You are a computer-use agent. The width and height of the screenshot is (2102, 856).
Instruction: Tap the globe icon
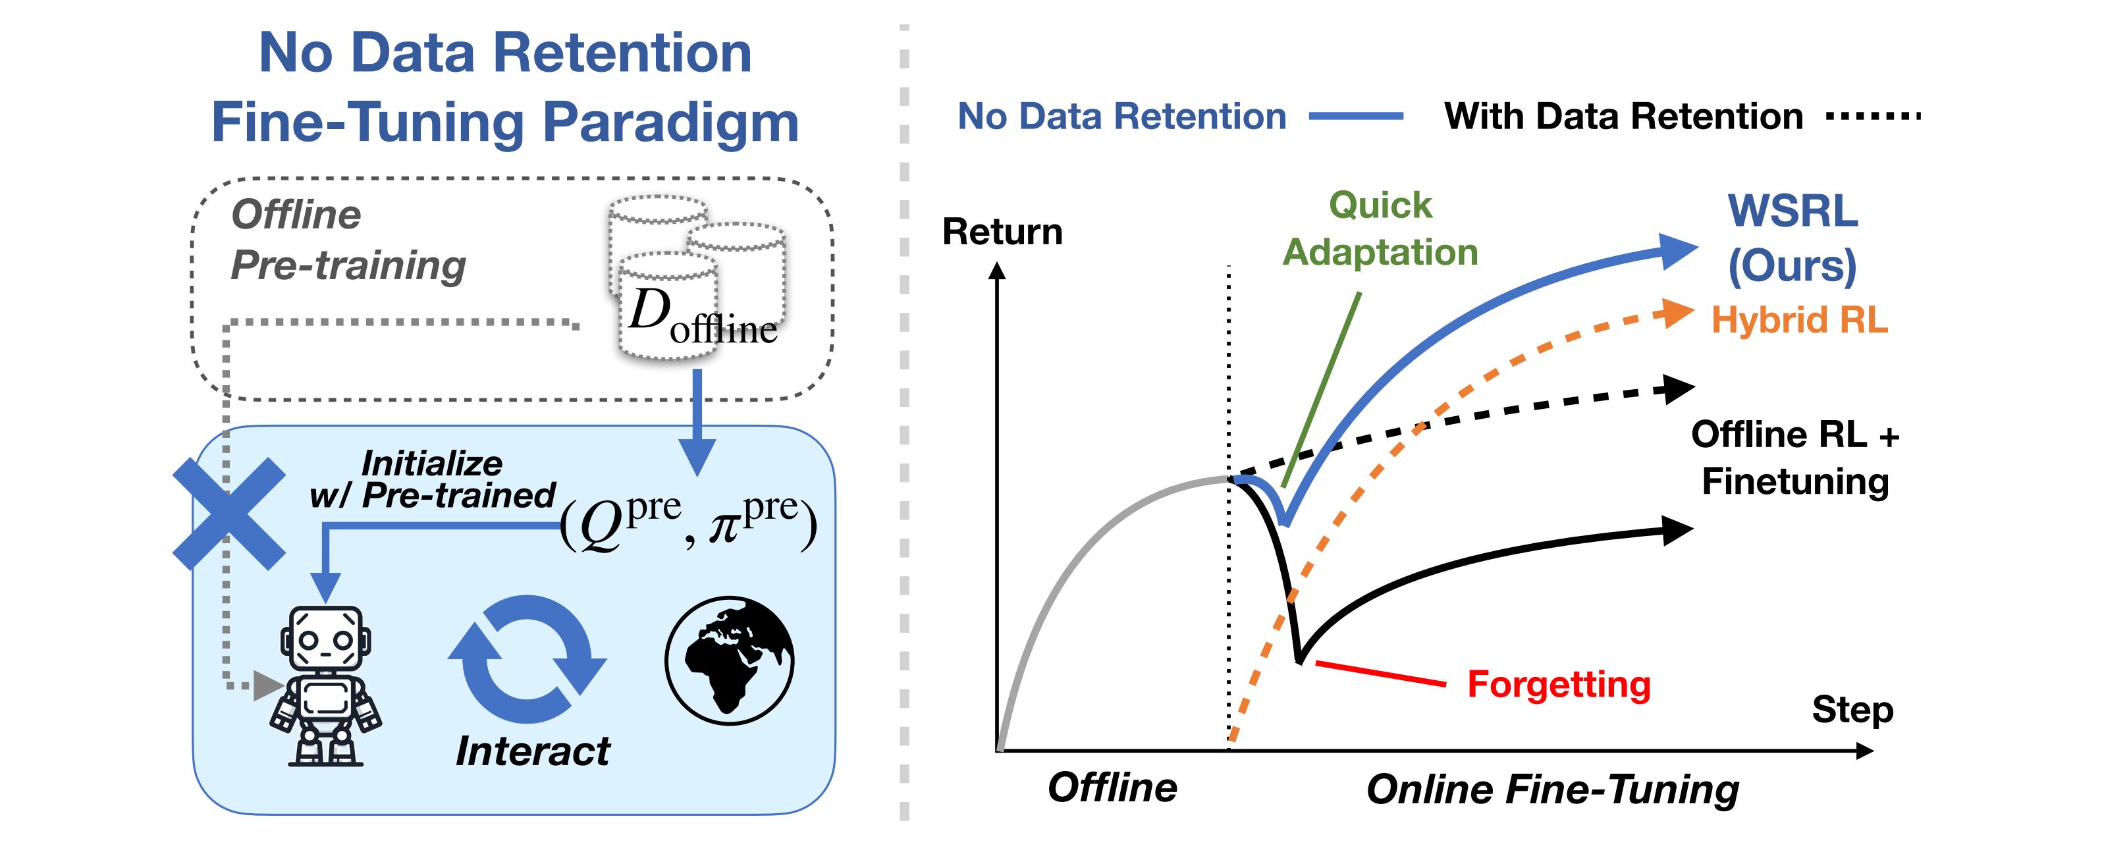[x=729, y=660]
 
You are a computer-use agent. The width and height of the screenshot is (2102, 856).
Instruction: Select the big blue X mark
[x=229, y=514]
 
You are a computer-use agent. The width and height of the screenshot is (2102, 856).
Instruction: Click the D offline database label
[x=702, y=318]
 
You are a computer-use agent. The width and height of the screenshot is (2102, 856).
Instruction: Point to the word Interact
[x=532, y=751]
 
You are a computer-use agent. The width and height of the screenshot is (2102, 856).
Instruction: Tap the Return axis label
[x=1002, y=232]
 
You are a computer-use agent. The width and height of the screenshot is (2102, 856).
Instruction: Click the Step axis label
[x=1852, y=709]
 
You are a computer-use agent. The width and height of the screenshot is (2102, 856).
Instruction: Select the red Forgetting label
[x=1559, y=684]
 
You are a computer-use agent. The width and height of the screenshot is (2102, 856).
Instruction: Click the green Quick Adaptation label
[x=1381, y=228]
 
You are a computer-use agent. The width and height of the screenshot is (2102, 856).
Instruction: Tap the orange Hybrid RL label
[x=1799, y=320]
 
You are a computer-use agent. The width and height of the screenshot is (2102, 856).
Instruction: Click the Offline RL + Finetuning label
[x=1795, y=458]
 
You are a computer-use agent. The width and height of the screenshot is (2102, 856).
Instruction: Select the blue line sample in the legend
[x=1356, y=117]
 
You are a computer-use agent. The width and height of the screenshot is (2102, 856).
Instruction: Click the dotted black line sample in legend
[x=1873, y=117]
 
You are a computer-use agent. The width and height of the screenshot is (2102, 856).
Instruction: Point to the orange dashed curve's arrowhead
[x=1677, y=313]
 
